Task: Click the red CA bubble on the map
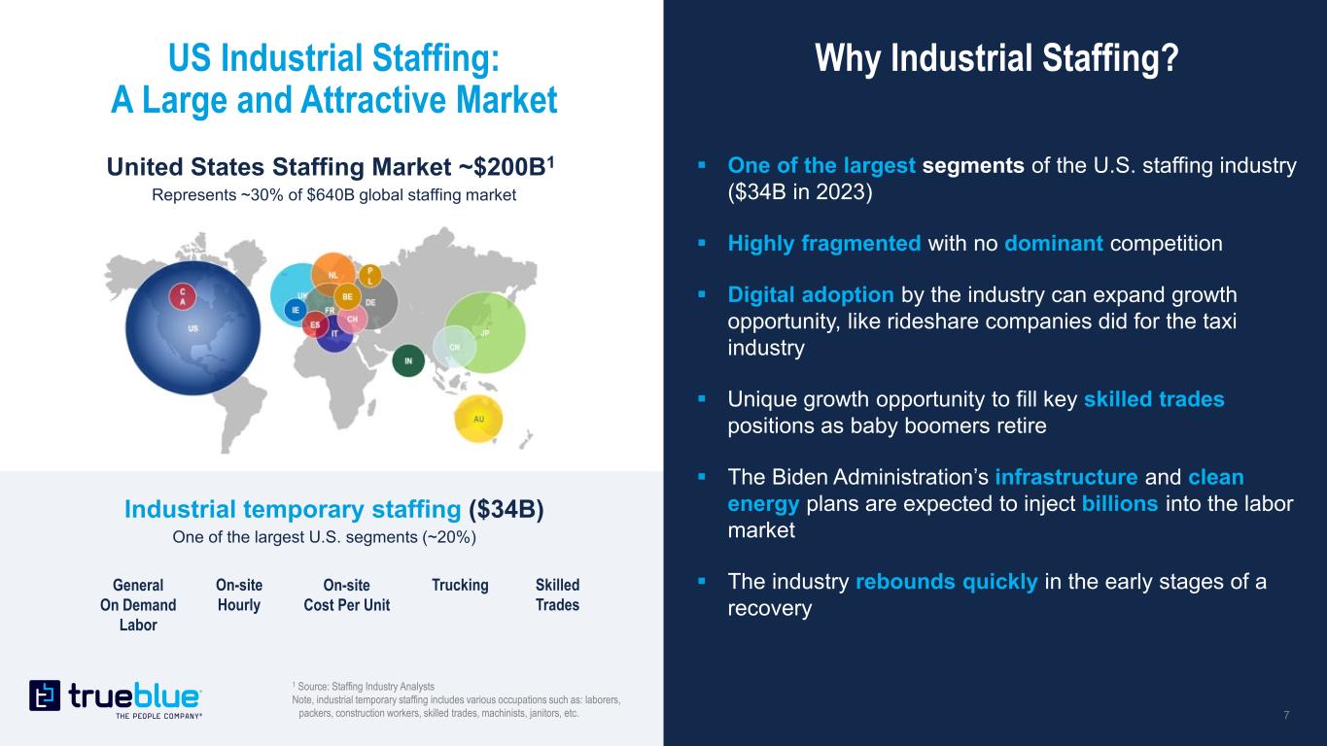[181, 295]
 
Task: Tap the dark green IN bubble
[408, 362]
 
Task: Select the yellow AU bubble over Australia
[478, 419]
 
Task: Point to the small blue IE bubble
[296, 310]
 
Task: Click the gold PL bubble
[370, 275]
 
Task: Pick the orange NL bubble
[333, 274]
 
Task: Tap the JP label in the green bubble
[485, 334]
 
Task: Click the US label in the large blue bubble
[193, 328]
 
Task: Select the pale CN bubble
[454, 346]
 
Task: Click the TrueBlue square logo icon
[45, 695]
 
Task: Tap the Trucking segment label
[460, 585]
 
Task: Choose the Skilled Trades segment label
[557, 594]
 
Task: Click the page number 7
[1286, 716]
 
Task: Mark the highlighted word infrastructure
[1066, 478]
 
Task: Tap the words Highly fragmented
[824, 243]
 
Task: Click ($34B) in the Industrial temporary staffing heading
[506, 509]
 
